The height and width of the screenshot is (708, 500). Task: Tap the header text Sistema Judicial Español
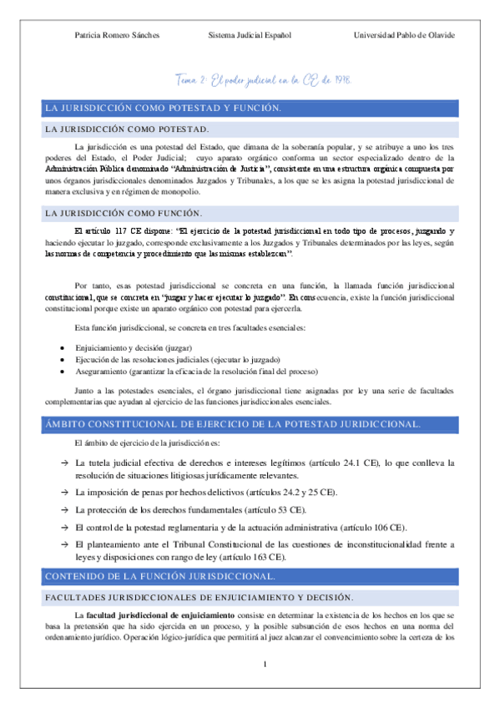250,35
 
